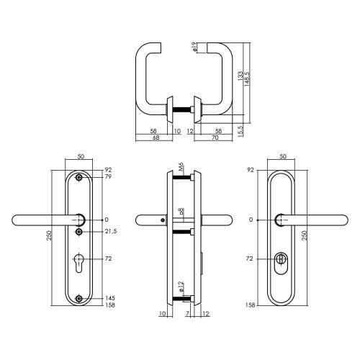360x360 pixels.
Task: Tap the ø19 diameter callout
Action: (x=194, y=48)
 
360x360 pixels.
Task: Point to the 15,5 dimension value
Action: (x=240, y=130)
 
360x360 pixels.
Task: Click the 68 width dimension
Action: (x=155, y=138)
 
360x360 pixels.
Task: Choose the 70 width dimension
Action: (x=215, y=138)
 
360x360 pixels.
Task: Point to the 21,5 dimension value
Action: (x=110, y=231)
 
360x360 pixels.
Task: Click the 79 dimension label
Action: (x=108, y=176)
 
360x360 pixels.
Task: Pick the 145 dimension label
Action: (x=109, y=298)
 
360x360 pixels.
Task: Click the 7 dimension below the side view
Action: (x=187, y=314)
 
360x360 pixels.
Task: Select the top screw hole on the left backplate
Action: (x=79, y=177)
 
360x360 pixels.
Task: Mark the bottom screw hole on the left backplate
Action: (x=79, y=298)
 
